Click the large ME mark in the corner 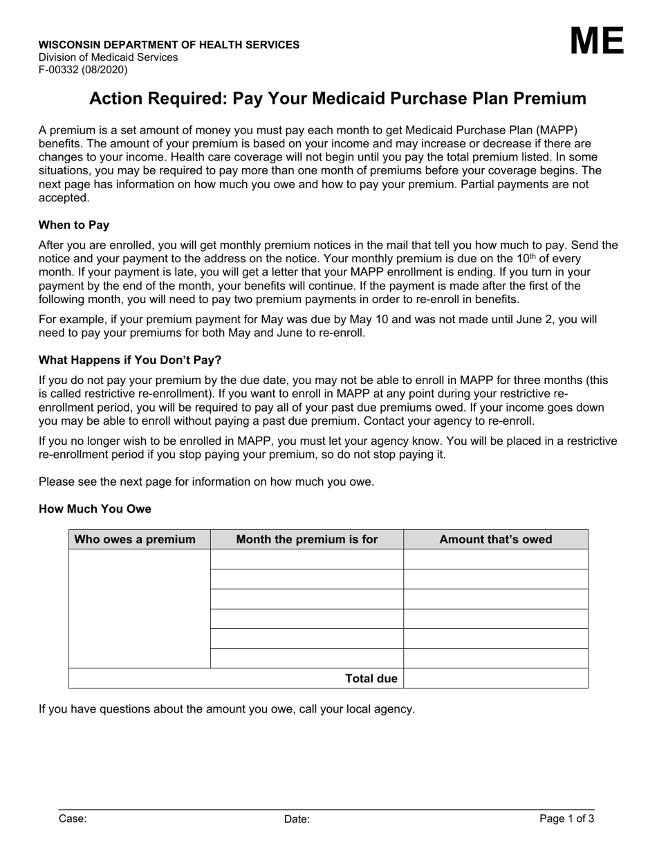click(597, 42)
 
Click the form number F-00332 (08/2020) click(83, 70)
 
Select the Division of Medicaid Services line click(108, 57)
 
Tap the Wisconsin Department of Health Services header click(169, 45)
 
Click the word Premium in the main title click(555, 99)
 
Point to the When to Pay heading click(74, 225)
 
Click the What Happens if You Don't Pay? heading click(130, 360)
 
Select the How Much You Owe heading click(95, 509)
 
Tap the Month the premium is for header click(307, 540)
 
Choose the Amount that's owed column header click(496, 540)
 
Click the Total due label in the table click(371, 679)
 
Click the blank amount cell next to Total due click(496, 679)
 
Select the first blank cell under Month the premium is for click(307, 560)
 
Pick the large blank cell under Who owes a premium click(139, 609)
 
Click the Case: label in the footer click(73, 819)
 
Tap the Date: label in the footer click(297, 819)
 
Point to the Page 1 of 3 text click(566, 818)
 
